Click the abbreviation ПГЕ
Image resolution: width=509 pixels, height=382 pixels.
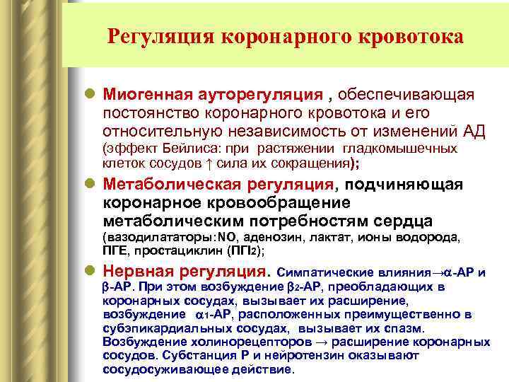pyautogui.click(x=115, y=250)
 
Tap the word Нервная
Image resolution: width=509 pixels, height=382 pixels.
pyautogui.click(x=137, y=271)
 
